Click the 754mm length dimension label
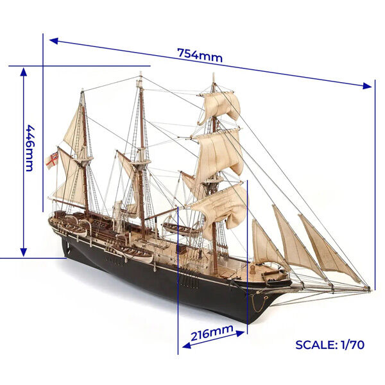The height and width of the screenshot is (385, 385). (200, 55)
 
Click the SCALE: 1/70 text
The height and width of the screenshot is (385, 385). (330, 345)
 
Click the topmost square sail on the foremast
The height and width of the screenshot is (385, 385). (219, 106)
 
